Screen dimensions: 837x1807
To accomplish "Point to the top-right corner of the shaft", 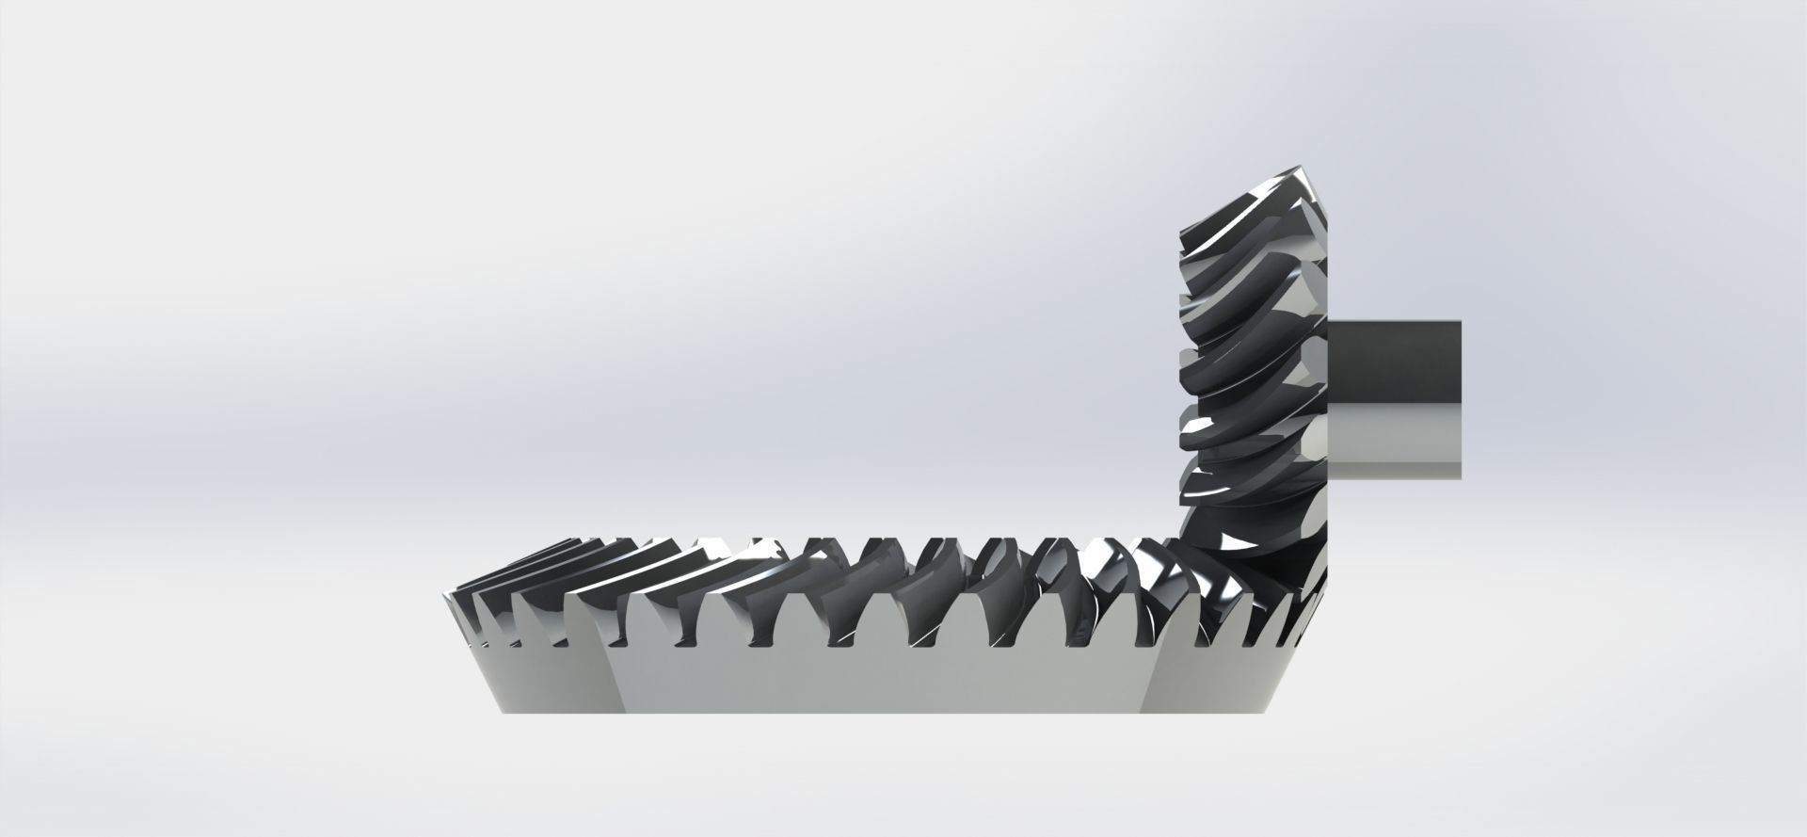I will click(1460, 322).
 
